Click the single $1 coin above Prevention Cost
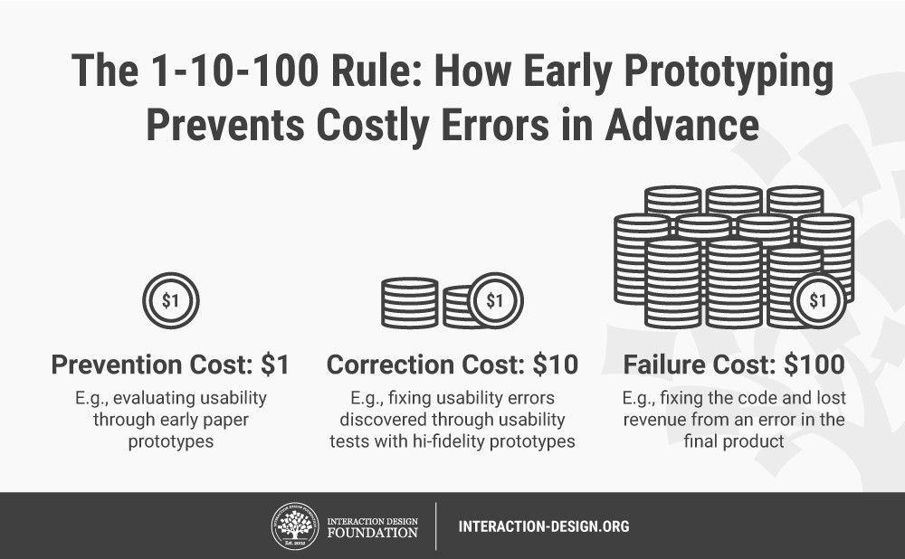[171, 300]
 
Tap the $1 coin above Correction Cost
[495, 300]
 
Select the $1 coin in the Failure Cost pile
[818, 300]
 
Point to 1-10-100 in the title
[235, 71]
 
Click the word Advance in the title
[682, 125]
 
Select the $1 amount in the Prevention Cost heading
[275, 365]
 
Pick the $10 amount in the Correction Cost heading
[556, 365]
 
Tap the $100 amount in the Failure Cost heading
[814, 365]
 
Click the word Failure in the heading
[664, 365]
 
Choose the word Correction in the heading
[390, 365]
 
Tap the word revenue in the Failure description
[654, 420]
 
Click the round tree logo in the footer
[296, 526]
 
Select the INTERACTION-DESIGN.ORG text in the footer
[544, 526]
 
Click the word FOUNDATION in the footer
[372, 533]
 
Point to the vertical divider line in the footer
[436, 526]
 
